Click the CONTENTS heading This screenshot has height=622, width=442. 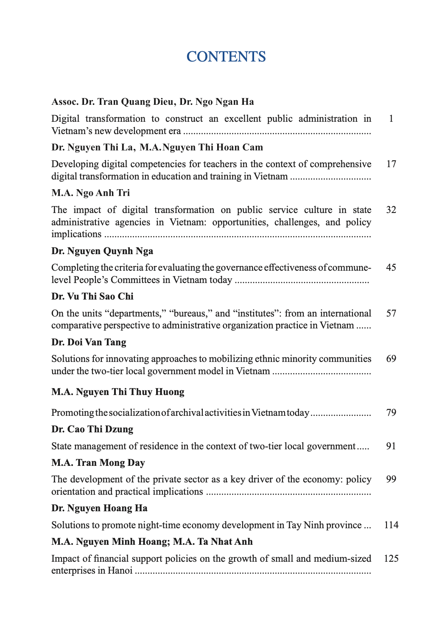coord(226,57)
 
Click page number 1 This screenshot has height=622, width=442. coord(391,119)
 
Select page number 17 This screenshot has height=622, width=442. coord(391,164)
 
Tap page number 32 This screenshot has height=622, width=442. coord(391,210)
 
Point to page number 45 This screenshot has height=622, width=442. coord(391,268)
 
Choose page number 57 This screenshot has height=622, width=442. coord(391,314)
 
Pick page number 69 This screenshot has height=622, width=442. coord(391,359)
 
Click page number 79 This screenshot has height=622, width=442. coord(391,412)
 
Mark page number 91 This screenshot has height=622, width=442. coord(391,446)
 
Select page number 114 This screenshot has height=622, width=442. coord(391,525)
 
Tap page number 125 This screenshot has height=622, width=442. coord(391,559)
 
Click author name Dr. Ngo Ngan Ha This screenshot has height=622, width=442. coord(217,102)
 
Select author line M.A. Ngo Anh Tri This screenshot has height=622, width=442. coord(91,193)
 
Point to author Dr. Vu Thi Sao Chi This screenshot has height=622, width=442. coord(92,297)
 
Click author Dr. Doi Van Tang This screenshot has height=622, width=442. coord(89,342)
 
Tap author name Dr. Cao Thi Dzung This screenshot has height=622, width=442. coord(92,429)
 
